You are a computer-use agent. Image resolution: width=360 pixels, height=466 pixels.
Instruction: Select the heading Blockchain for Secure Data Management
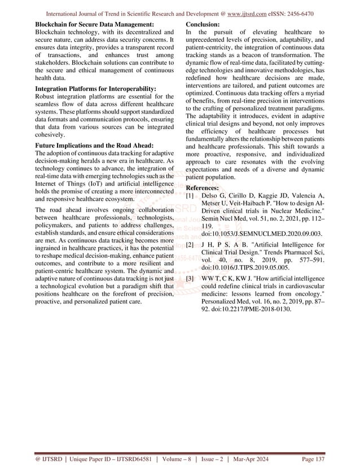click(95, 25)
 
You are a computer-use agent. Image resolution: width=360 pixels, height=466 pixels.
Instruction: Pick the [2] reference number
click(190, 245)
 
